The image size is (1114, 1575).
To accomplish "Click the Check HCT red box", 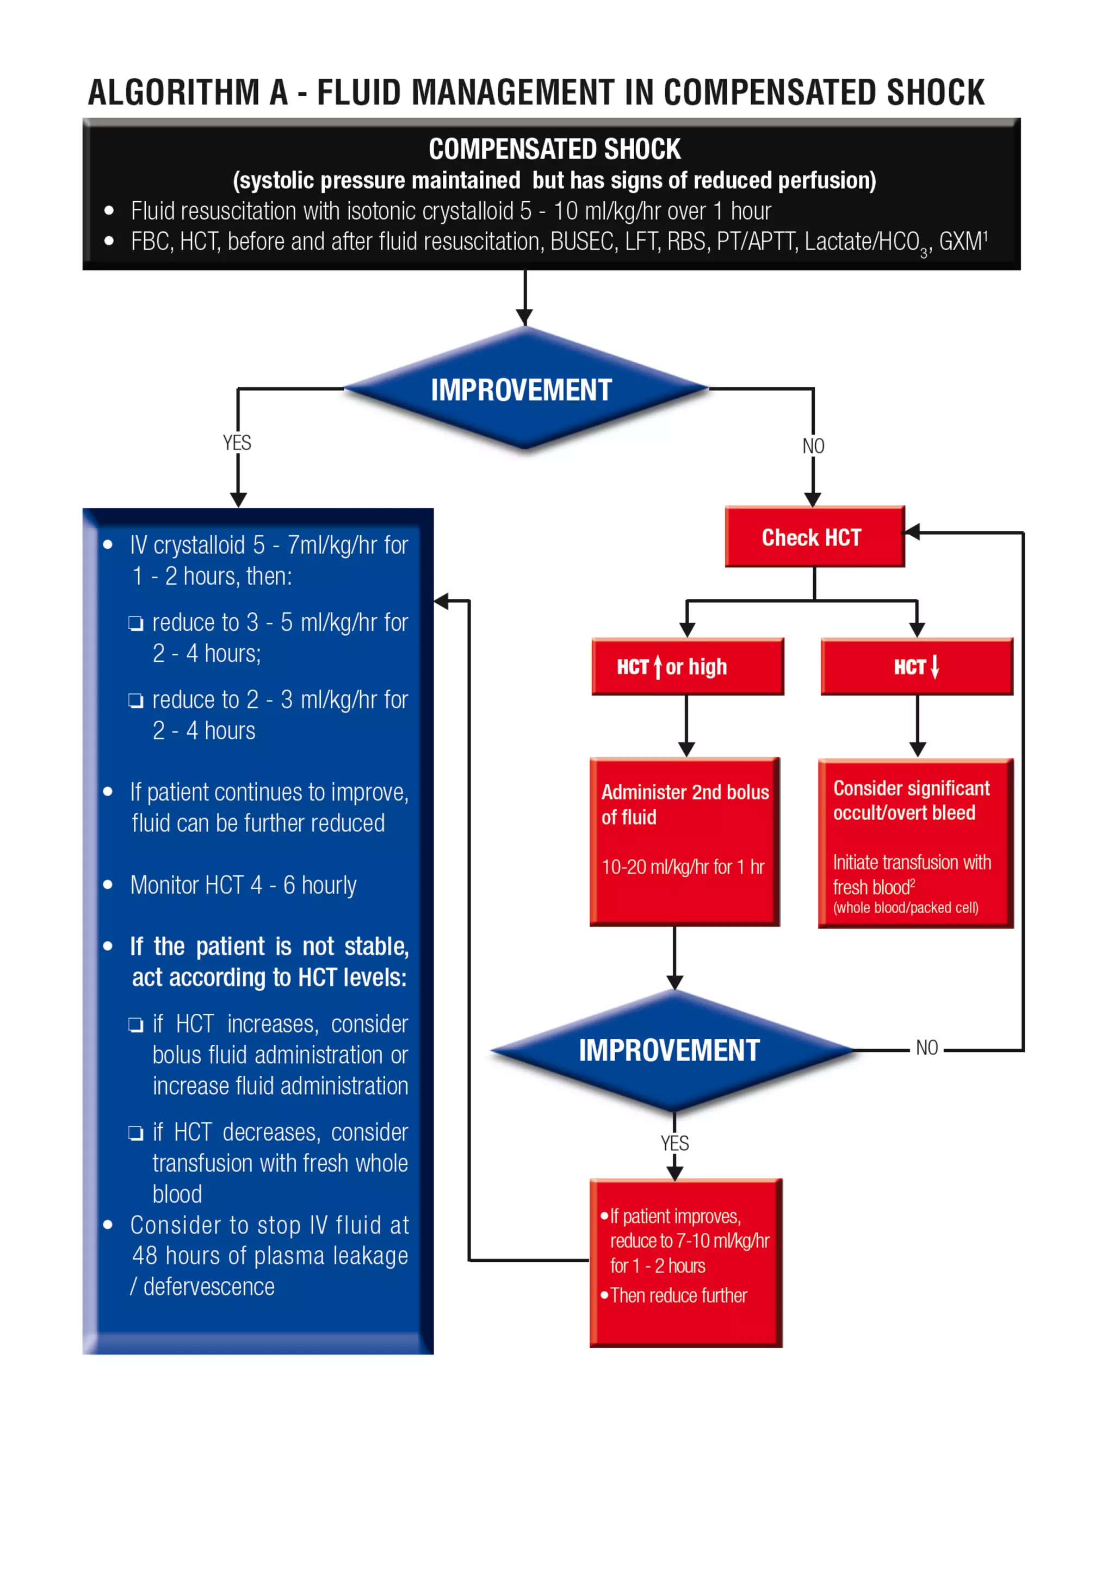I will pos(814,537).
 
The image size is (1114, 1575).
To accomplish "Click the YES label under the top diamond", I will pos(237,443).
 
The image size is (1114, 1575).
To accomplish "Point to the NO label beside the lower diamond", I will pos(927,1047).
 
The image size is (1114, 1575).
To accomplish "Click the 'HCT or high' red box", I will pos(688,667).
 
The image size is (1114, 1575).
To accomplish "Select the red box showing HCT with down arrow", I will pos(917,667).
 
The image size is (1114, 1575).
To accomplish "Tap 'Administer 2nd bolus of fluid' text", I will pos(685,804).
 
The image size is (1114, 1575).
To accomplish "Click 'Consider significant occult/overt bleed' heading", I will pos(911,801).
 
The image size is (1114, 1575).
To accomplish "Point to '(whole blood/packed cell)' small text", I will pos(906,908).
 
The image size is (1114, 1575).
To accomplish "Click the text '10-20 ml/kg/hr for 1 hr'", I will pos(683,867).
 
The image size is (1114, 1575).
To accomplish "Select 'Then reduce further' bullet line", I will pos(678,1295).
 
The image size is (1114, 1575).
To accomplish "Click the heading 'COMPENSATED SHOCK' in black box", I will pos(554,149).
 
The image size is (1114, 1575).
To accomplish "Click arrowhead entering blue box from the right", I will pos(441,602).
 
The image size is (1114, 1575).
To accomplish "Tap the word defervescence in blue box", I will pos(209,1286).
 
